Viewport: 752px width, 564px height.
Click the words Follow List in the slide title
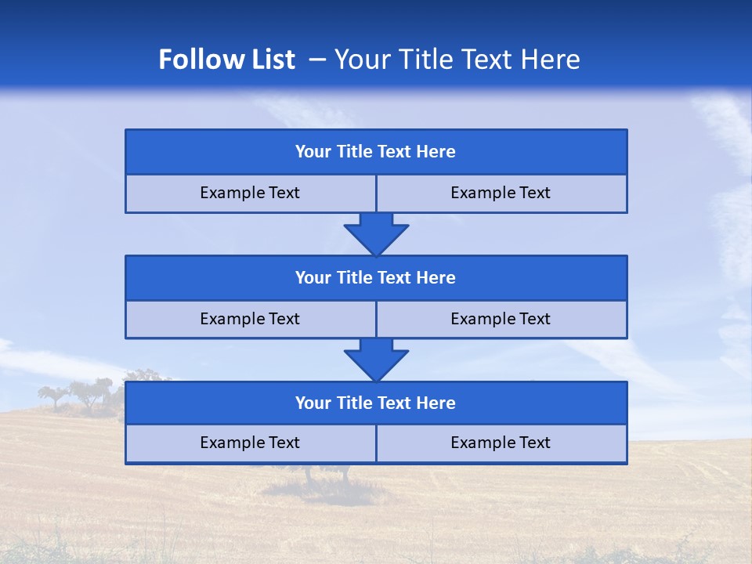[x=226, y=60]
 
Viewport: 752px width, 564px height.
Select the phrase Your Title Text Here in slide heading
[x=457, y=60]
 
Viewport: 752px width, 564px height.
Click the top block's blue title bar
[x=376, y=152]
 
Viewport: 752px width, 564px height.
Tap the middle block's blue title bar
[x=376, y=278]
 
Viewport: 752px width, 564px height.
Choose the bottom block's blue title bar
[x=376, y=403]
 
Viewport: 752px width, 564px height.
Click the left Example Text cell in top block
[x=250, y=193]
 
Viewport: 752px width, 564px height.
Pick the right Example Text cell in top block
[x=501, y=193]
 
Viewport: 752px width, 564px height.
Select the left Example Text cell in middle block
[x=250, y=320]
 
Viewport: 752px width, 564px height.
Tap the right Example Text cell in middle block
[x=501, y=320]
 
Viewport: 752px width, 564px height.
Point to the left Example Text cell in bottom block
[x=250, y=443]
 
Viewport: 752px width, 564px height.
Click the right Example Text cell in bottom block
[x=501, y=443]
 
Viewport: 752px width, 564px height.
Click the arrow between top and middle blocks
[x=376, y=233]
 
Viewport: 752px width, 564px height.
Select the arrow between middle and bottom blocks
[x=376, y=360]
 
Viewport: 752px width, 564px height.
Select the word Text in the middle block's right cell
[x=533, y=320]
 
